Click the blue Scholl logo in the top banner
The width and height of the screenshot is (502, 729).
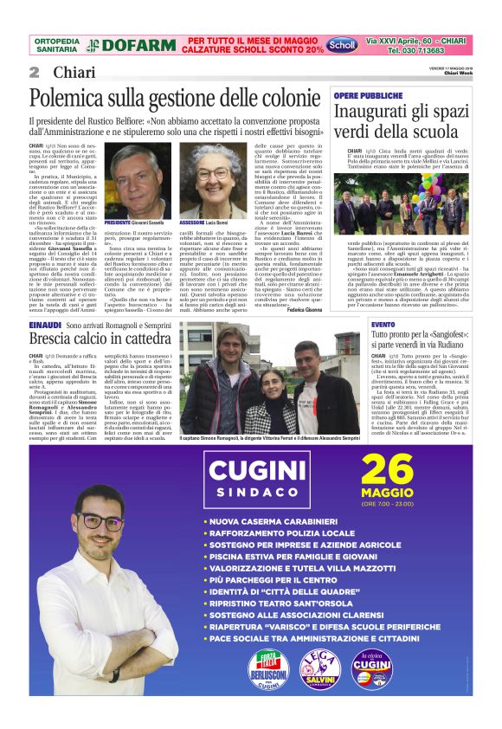coord(344,43)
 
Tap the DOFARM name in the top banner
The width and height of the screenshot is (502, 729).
coord(132,45)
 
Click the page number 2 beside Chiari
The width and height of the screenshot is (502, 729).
coord(35,72)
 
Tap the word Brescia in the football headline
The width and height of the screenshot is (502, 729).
coord(51,339)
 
